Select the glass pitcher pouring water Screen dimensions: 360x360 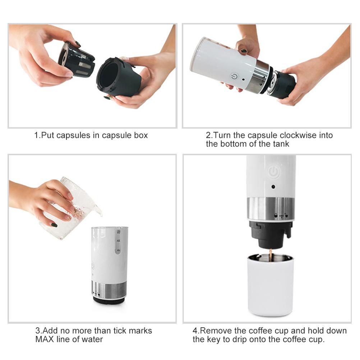(72, 207)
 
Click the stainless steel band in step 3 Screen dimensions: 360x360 (110, 289)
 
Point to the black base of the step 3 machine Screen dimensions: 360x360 (109, 300)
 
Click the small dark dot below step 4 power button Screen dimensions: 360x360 (273, 187)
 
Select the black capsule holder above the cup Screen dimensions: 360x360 (270, 234)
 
